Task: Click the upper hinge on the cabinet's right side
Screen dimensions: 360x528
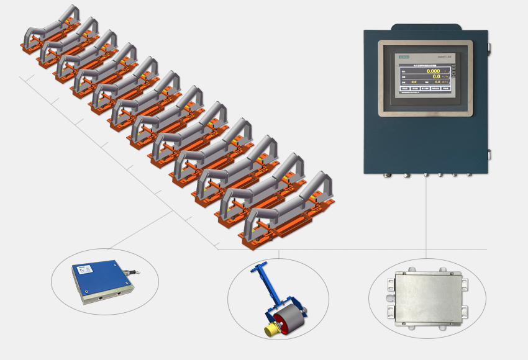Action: pyautogui.click(x=489, y=46)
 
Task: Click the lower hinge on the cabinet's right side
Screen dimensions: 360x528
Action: pyautogui.click(x=489, y=154)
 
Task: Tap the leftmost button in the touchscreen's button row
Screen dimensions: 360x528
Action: pyautogui.click(x=405, y=89)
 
